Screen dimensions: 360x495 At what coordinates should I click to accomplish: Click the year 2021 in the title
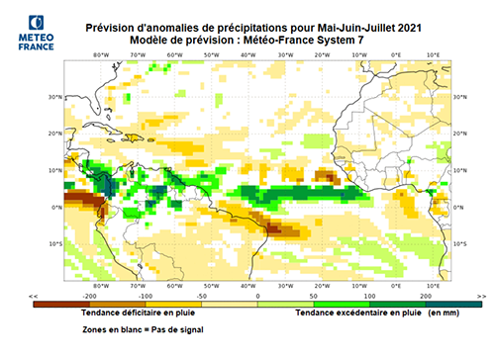pos(390,26)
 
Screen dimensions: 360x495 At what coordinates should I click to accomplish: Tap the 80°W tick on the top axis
pos(100,54)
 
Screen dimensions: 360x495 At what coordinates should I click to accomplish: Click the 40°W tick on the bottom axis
pos(247,284)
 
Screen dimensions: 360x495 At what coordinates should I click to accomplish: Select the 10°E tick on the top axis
pos(433,54)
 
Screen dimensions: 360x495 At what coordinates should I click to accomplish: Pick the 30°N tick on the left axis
pos(57,97)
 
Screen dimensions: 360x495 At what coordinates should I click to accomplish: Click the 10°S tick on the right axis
pos(459,242)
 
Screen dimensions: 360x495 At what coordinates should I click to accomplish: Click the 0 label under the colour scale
pos(257,296)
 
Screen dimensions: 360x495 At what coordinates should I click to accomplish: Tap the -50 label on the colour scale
pos(201,296)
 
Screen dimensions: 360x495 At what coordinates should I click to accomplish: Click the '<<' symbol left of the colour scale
pos(36,296)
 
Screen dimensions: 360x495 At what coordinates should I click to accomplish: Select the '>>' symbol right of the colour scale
pos(481,296)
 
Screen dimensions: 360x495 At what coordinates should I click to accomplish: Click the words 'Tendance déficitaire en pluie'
pos(132,313)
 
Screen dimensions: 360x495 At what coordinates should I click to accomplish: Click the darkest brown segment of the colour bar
pos(59,304)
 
